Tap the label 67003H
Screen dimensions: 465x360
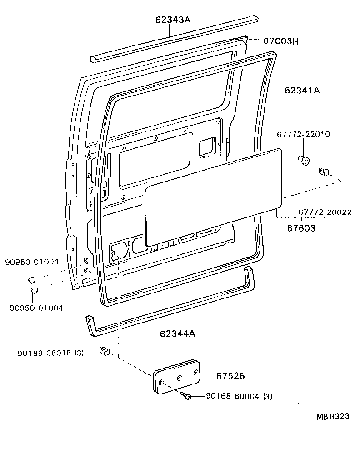coord(280,41)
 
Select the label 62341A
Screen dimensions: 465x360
coord(302,90)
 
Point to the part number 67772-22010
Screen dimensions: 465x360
coord(303,135)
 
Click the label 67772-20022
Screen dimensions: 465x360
coord(325,212)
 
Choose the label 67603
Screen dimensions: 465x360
coord(301,228)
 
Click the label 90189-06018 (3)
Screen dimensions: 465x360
coord(50,353)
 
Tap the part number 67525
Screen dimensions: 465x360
coord(230,376)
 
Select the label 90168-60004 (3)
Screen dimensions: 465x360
coord(232,396)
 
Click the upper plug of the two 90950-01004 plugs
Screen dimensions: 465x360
coord(32,278)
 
